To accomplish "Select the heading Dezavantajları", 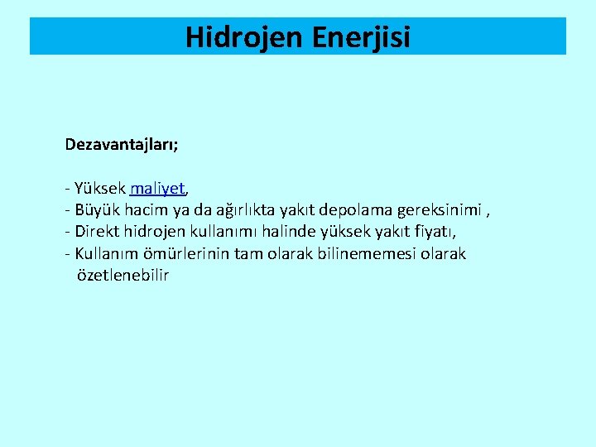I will [122, 145].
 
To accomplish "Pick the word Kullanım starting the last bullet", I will [106, 253].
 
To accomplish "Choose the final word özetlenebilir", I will [123, 275].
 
